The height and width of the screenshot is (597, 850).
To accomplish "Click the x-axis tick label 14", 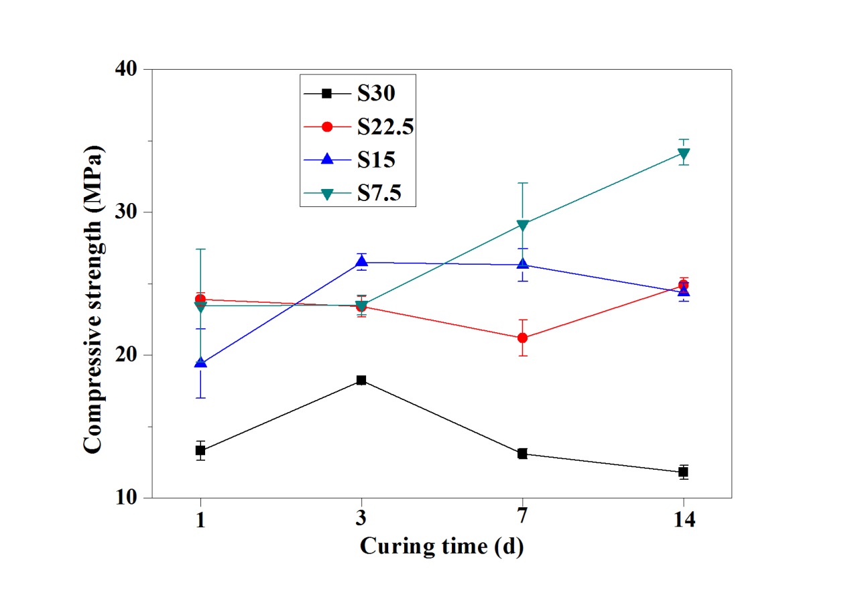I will point(683,520).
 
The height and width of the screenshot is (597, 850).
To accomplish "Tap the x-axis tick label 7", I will point(522,520).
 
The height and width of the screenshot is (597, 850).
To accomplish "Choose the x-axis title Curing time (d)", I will point(442,546).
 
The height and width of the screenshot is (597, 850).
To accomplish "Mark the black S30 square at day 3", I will point(361,380).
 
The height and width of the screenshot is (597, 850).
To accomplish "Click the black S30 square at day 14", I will point(683,472).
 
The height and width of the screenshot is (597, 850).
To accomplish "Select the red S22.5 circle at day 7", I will point(522,338).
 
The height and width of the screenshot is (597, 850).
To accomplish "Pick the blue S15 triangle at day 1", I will point(200,362).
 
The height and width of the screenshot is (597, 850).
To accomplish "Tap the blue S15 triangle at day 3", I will point(361,262).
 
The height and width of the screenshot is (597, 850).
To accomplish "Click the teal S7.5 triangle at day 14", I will point(683,154).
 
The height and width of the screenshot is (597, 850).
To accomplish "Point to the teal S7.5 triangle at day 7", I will point(522,225).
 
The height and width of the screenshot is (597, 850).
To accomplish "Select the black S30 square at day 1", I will point(200,450).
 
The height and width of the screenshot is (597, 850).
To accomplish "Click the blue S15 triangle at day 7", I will point(522,264).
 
